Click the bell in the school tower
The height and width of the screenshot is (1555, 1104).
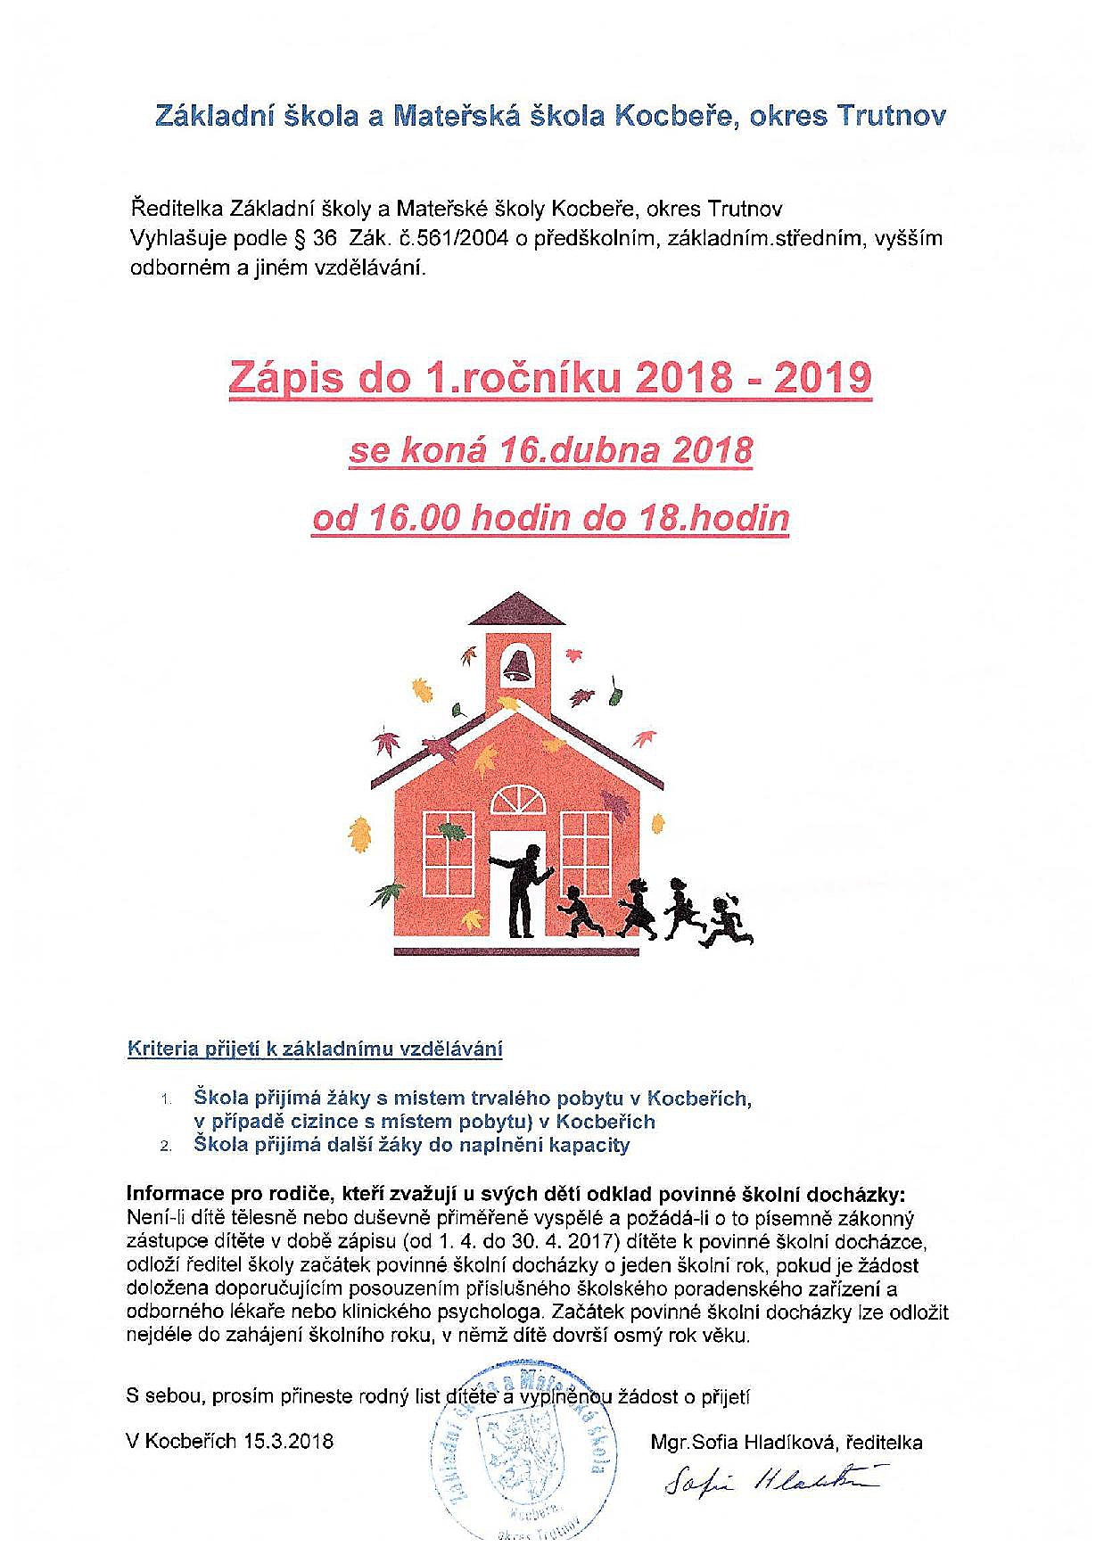point(517,663)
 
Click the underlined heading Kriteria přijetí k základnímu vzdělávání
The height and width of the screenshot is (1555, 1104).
point(316,1049)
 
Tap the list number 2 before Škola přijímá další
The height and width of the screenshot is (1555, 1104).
point(166,1147)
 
